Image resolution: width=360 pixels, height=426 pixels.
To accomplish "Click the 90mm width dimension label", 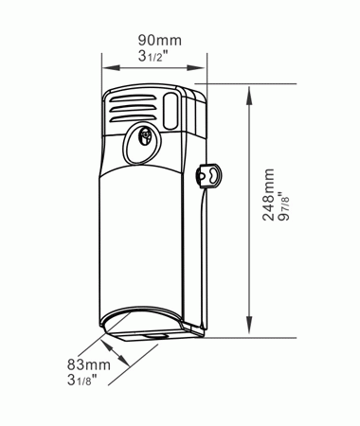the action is pos(160,40).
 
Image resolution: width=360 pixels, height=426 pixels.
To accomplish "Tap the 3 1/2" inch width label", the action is pos(153,56).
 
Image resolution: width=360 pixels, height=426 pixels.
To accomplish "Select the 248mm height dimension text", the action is pos(268,194).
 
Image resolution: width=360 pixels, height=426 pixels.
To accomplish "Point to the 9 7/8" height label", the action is pos(283,205).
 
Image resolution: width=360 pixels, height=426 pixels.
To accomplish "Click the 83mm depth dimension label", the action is pos(89,364).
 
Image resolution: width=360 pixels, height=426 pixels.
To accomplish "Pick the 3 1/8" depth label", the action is pos(81,380).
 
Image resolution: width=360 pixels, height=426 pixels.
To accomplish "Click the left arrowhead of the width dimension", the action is pos(111,67).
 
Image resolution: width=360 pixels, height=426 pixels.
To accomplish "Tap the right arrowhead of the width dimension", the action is pos(196,67).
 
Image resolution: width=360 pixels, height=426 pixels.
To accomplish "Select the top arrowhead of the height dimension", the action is pos(249,96).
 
